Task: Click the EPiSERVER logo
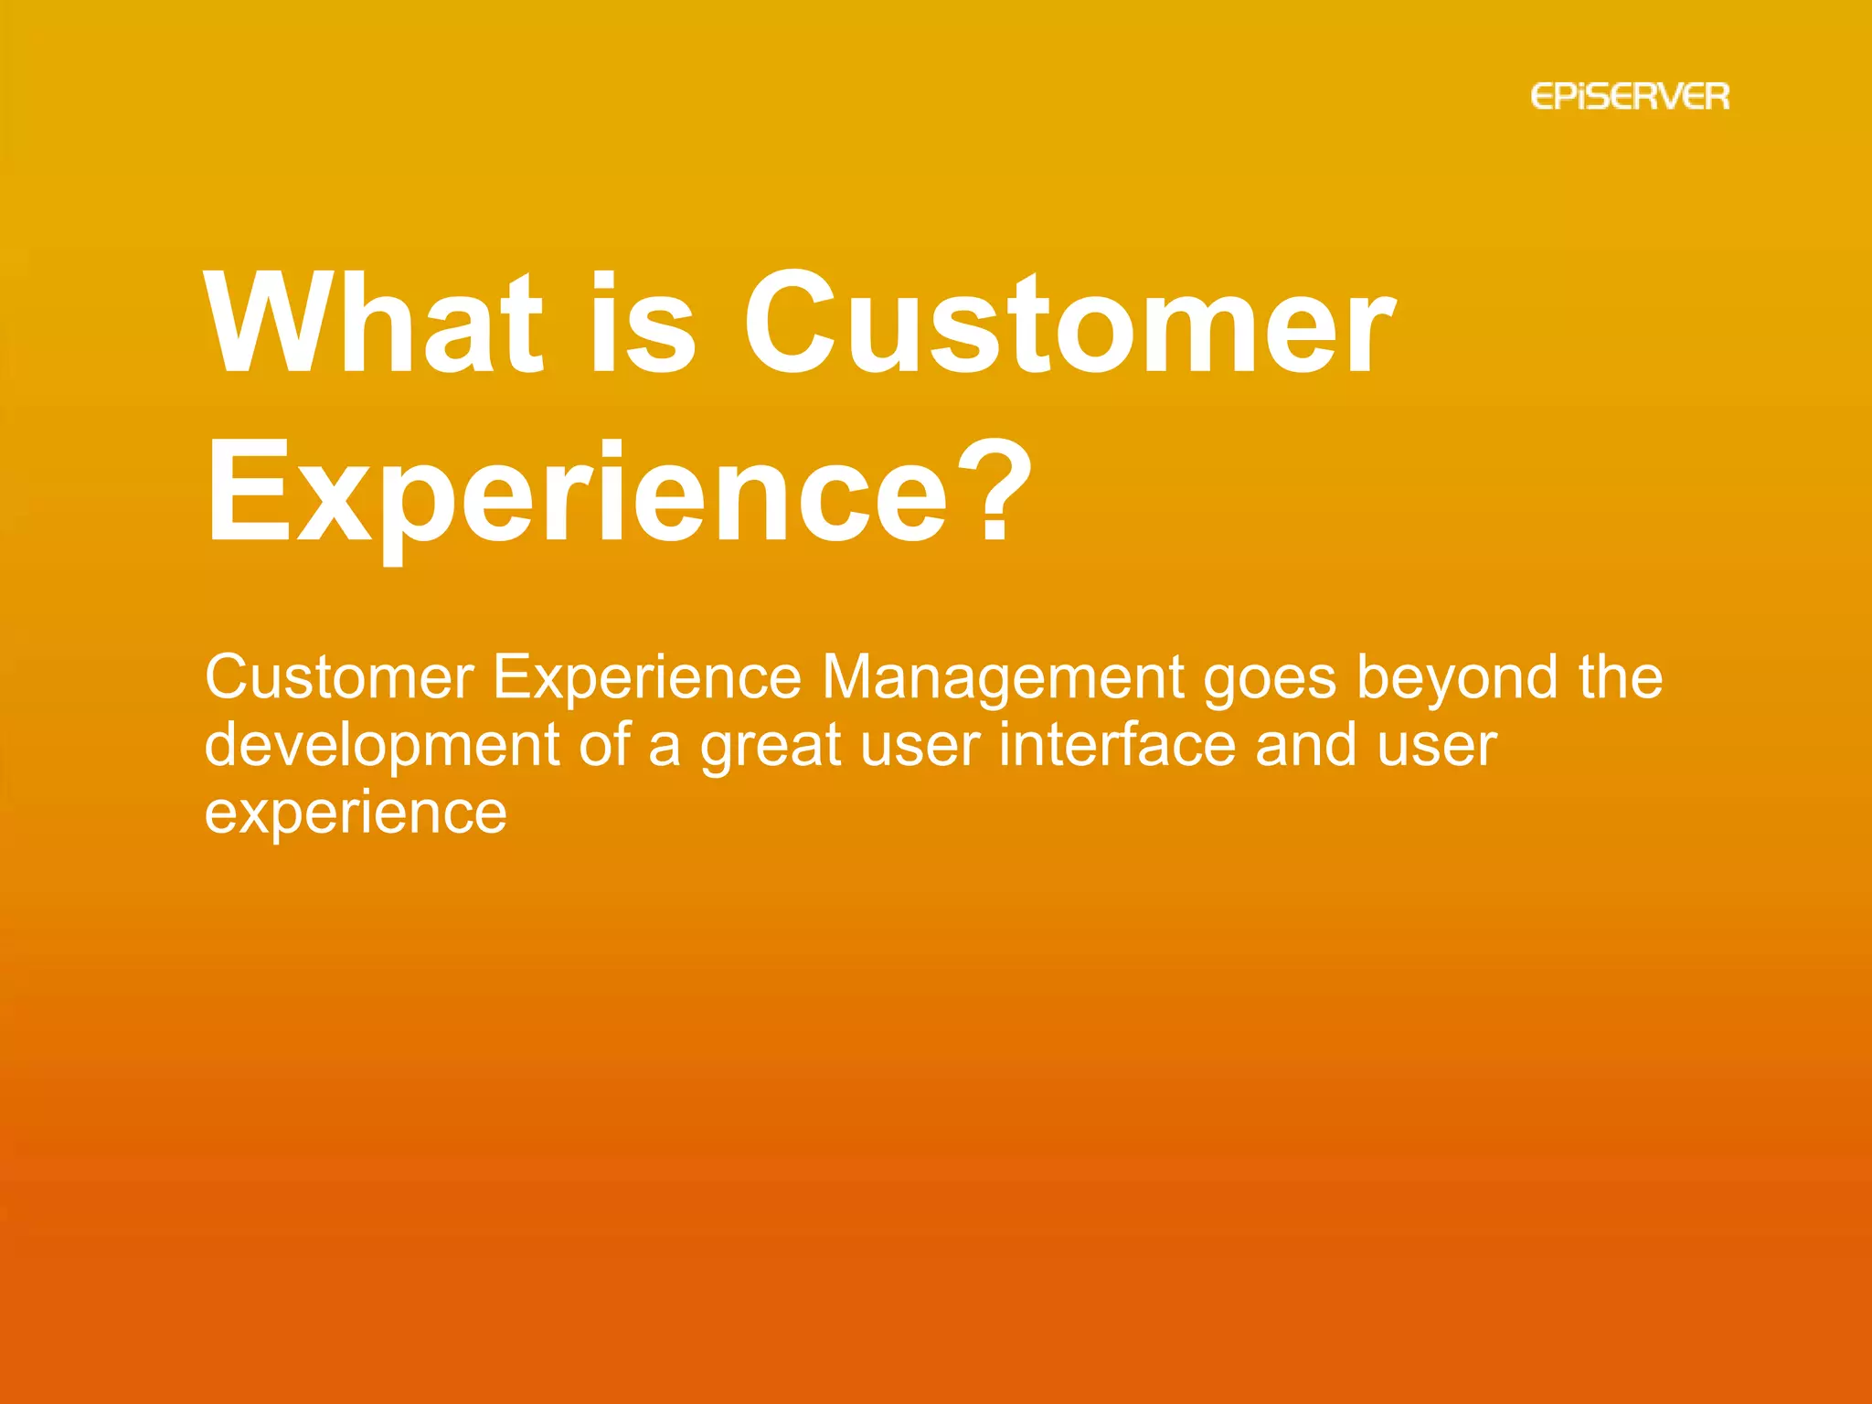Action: [1630, 97]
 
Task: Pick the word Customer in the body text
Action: [339, 678]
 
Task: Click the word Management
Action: [1003, 678]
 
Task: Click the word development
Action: [381, 746]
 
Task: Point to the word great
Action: [771, 746]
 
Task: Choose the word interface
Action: [1117, 746]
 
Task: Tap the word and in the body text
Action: [1306, 746]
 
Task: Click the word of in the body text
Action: [604, 746]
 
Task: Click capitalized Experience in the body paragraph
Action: [647, 678]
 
